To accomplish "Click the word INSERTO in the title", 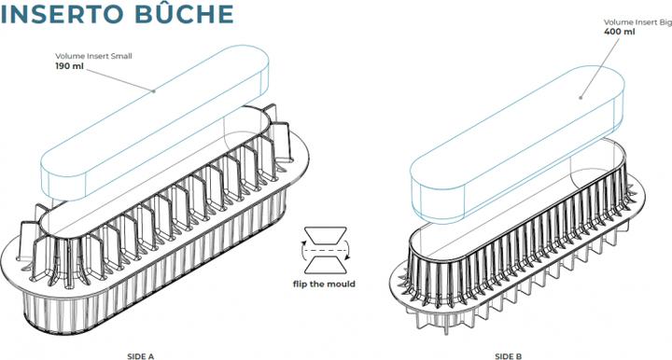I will pyautogui.click(x=63, y=16).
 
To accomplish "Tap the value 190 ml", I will pyautogui.click(x=68, y=67).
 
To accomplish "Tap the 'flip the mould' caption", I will pyautogui.click(x=325, y=284).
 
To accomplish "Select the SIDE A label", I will pyautogui.click(x=140, y=355).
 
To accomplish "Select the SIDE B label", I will pyautogui.click(x=505, y=355).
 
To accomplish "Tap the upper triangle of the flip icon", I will pyautogui.click(x=325, y=234).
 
